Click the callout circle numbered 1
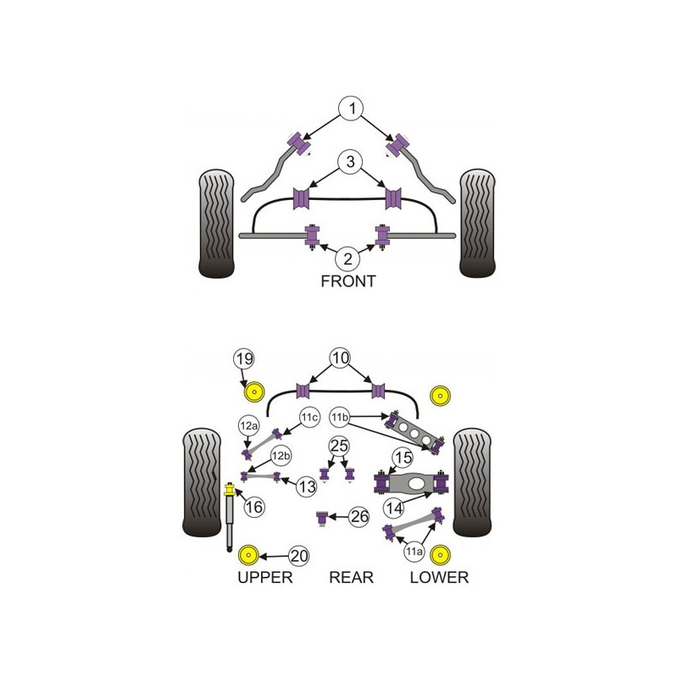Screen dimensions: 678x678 pos(352,108)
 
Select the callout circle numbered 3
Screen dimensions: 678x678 pos(350,162)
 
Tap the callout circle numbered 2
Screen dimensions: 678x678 pos(347,259)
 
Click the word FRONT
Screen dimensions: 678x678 pos(348,281)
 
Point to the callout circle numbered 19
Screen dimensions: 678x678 pos(244,358)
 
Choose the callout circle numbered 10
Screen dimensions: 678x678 pos(341,358)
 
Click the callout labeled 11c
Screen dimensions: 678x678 pos(309,417)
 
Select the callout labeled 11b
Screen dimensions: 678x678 pos(340,417)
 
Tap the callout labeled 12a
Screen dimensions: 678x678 pos(248,426)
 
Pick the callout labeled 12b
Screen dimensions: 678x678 pos(281,456)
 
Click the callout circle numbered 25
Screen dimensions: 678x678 pos(339,446)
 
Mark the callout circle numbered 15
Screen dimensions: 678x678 pos(403,458)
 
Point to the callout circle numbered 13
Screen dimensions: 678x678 pos(307,486)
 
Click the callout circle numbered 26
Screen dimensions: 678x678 pos(359,516)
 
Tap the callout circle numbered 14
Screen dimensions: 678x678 pos(394,508)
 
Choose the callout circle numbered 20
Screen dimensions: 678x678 pos(299,556)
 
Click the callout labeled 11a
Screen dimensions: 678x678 pos(414,552)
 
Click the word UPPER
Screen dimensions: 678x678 pos(265,578)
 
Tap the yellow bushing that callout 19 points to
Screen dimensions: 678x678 pos(254,392)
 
